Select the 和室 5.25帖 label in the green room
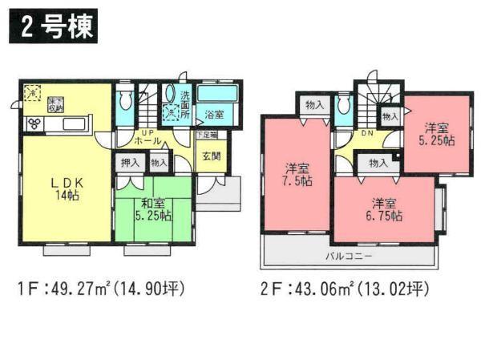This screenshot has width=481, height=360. tap(152, 211)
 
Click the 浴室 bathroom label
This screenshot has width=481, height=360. tap(214, 115)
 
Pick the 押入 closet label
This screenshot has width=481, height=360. tap(129, 164)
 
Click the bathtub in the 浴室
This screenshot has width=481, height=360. tap(216, 94)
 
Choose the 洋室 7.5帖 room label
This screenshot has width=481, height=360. tap(297, 174)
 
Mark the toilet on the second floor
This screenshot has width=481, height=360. tap(343, 104)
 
